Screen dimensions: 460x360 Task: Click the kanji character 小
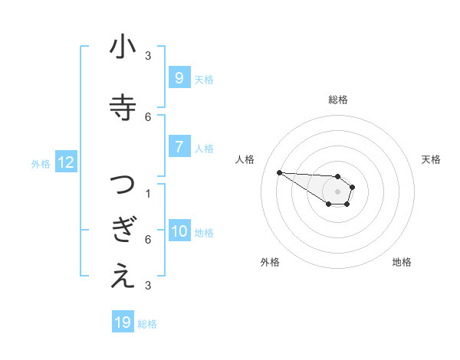click(x=123, y=47)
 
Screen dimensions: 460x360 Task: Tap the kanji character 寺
click(x=123, y=105)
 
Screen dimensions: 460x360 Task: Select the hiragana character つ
click(x=123, y=185)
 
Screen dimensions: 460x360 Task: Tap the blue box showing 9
click(x=179, y=78)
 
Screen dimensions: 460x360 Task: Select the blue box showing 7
click(x=179, y=147)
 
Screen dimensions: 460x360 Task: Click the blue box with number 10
click(x=179, y=231)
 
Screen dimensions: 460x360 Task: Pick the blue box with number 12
click(x=66, y=162)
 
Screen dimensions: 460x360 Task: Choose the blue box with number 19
click(x=123, y=322)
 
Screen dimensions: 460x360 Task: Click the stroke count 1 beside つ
click(x=148, y=193)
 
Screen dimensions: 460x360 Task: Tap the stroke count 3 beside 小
click(x=148, y=55)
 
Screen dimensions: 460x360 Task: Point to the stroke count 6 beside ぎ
click(x=148, y=239)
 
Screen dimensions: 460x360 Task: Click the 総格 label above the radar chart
click(x=337, y=100)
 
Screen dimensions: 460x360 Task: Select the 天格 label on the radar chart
click(x=432, y=159)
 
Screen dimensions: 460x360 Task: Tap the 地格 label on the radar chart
click(x=402, y=262)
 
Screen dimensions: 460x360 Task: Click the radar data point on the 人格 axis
click(x=279, y=172)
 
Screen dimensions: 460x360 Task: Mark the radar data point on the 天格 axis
click(x=353, y=187)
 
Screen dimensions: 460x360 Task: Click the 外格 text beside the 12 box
click(x=40, y=163)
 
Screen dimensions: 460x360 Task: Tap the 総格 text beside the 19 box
click(x=147, y=323)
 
